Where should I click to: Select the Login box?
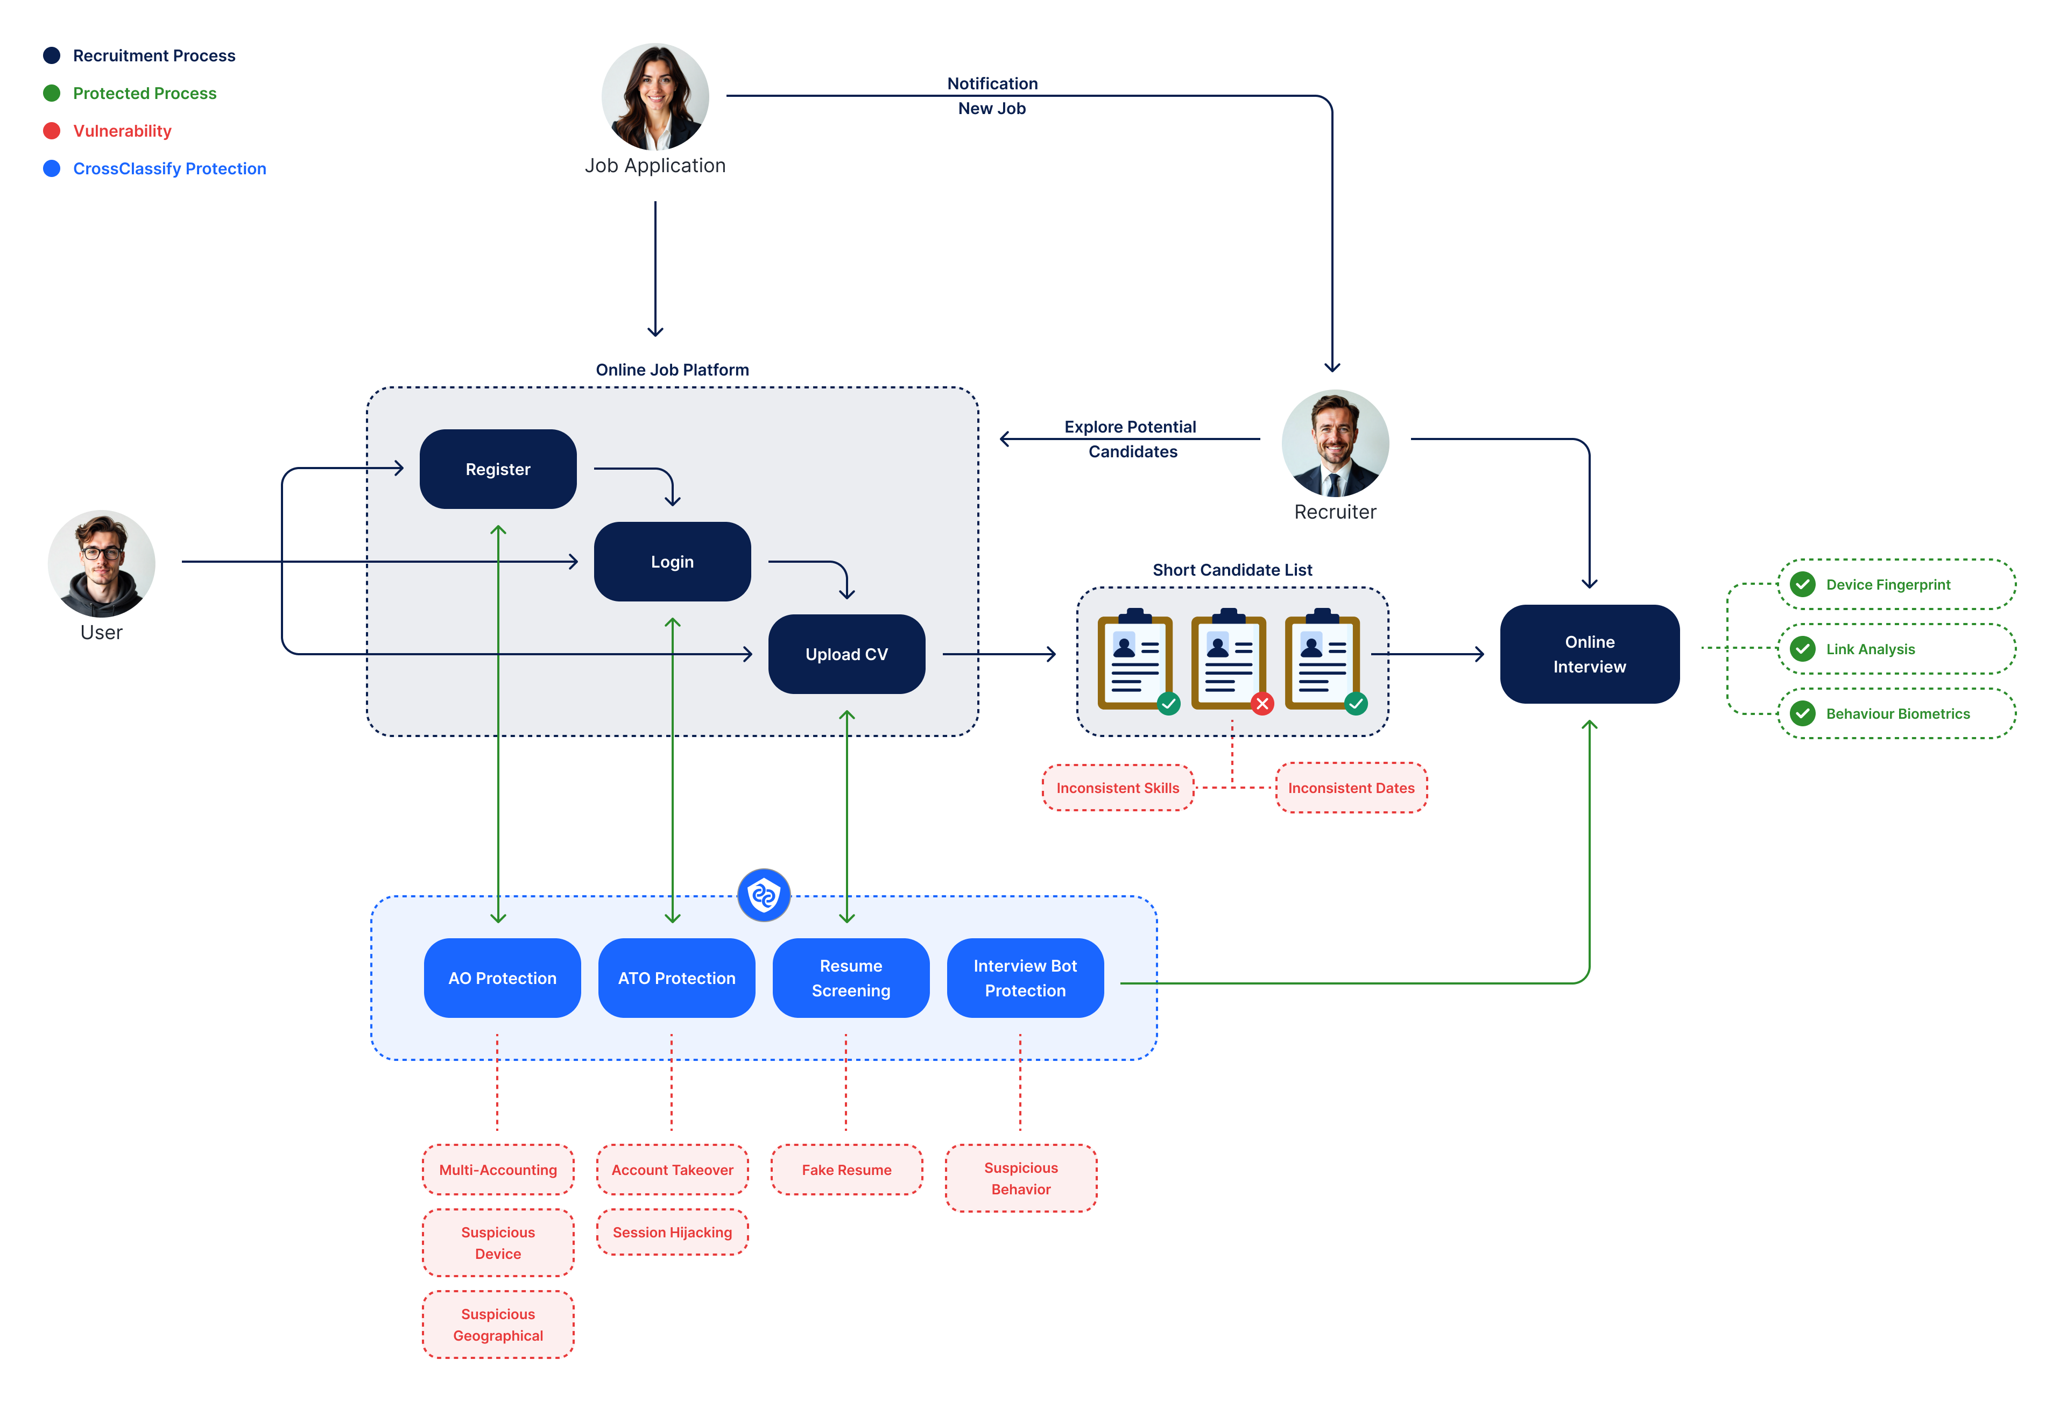coord(672,561)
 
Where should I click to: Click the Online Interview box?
coord(1589,654)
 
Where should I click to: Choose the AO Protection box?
coord(502,978)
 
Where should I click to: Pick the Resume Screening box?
coord(850,978)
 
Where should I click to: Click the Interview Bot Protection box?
coord(1025,978)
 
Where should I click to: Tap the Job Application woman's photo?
coord(655,97)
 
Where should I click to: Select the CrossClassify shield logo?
coord(763,895)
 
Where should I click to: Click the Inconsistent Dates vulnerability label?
coord(1350,788)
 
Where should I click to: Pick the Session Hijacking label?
coord(672,1232)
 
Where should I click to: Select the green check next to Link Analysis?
coord(1802,649)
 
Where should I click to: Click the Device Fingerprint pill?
coord(1895,584)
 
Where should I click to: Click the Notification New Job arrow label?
coord(991,96)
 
